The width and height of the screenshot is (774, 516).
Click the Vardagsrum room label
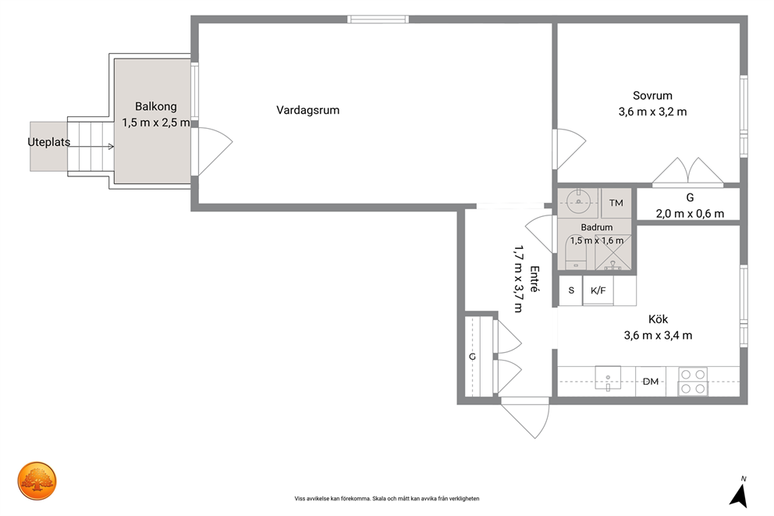[x=307, y=110]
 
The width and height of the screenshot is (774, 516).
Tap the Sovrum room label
[x=652, y=95]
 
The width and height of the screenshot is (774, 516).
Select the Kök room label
[x=658, y=319]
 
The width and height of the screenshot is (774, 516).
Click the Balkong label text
[x=155, y=107]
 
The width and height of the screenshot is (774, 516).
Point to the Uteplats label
[x=49, y=142]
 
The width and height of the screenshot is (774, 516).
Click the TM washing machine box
[x=616, y=203]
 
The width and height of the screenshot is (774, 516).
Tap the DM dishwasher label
[x=651, y=382]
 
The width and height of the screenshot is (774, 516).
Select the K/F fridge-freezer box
[x=598, y=290]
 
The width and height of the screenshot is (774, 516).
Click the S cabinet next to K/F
[x=571, y=290]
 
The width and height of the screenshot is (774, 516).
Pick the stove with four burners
[x=693, y=381]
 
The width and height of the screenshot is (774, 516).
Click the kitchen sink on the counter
[x=608, y=379]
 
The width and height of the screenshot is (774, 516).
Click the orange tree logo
[x=37, y=481]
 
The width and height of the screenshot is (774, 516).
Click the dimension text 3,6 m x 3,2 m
[x=652, y=112]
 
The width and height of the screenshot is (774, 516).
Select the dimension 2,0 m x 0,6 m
[x=690, y=214]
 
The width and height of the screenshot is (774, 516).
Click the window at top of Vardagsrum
[x=378, y=20]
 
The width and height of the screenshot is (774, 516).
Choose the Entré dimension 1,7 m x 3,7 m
[x=518, y=279]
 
